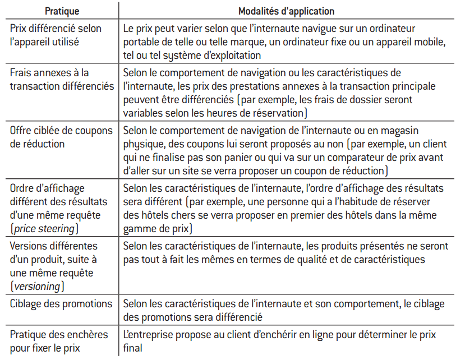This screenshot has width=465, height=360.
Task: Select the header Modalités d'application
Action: pos(287,11)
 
